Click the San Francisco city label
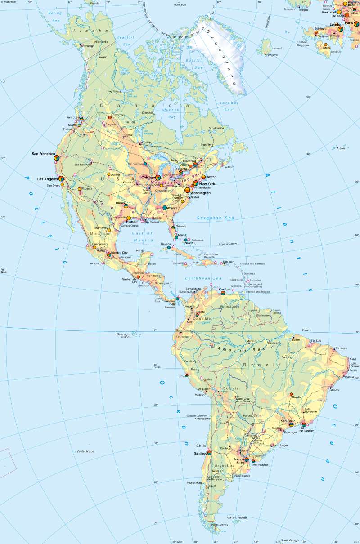(x=43, y=154)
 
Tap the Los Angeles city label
(x=48, y=179)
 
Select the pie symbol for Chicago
(x=158, y=178)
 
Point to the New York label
(x=207, y=184)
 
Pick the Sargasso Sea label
(x=216, y=218)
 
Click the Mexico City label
(x=119, y=253)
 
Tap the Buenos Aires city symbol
(x=247, y=459)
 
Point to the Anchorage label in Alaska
(x=87, y=46)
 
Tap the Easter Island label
(x=85, y=451)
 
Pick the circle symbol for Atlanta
(x=165, y=208)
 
